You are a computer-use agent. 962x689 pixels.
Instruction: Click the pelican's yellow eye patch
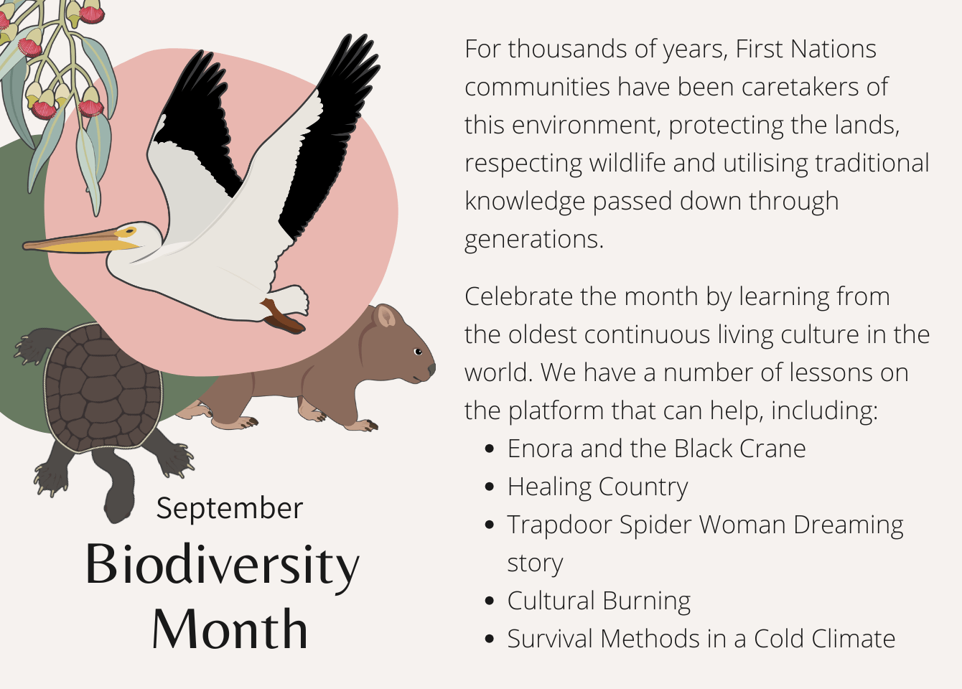[x=126, y=232]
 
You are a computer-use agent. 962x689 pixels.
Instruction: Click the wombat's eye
[x=418, y=352]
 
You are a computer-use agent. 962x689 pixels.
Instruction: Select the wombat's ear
[x=385, y=316]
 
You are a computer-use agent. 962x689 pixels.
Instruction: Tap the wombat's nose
[x=431, y=368]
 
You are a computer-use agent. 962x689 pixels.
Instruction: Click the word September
[x=230, y=509]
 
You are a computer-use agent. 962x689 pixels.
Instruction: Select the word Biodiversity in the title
[x=223, y=567]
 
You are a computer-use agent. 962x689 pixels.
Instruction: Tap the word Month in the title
[x=230, y=629]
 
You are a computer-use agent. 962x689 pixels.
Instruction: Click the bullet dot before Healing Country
[x=489, y=487]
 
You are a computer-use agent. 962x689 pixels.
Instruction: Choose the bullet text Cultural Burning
[x=599, y=601]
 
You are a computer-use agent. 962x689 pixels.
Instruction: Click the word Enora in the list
[x=541, y=449]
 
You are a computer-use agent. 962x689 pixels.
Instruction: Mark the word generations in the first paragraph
[x=534, y=240]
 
